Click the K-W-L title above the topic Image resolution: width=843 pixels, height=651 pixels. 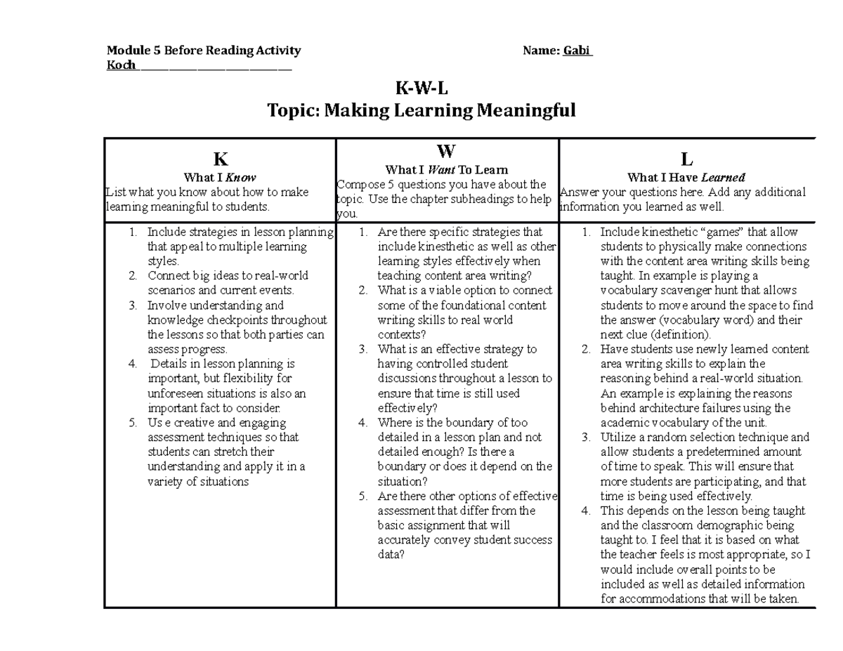421,89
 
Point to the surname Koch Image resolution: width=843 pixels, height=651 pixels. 121,65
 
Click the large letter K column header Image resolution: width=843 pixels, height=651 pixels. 220,159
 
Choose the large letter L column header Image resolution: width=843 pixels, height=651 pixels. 686,160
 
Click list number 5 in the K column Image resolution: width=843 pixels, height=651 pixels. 133,423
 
